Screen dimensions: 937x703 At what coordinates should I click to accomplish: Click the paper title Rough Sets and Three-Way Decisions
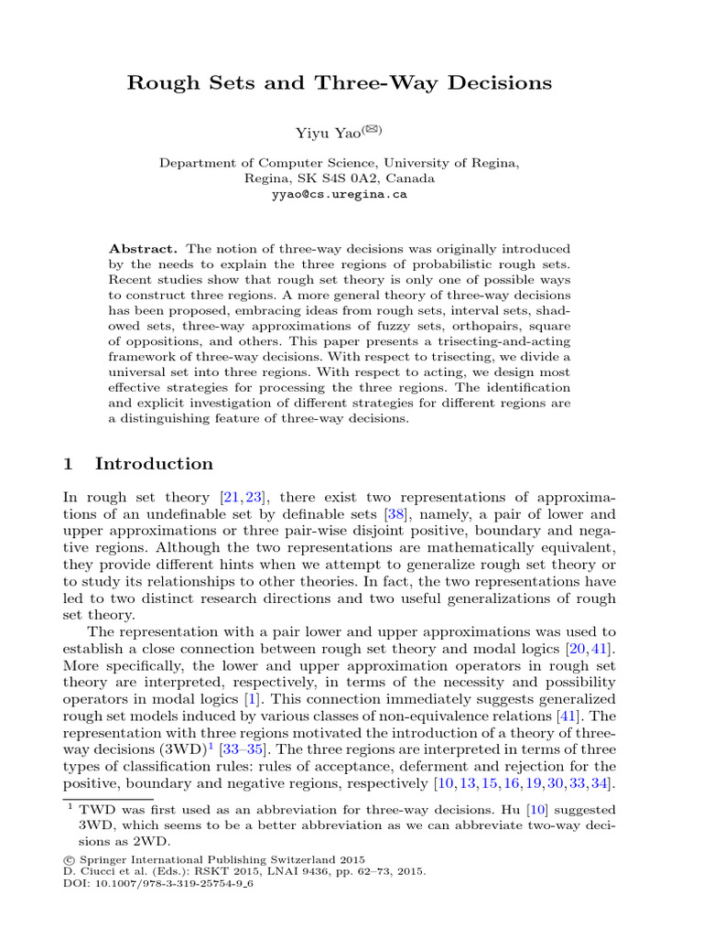[339, 83]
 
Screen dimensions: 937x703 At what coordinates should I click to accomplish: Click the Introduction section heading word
[154, 463]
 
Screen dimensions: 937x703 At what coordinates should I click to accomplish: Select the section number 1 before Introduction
[68, 463]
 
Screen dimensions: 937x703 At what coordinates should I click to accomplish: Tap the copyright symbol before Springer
[69, 860]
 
